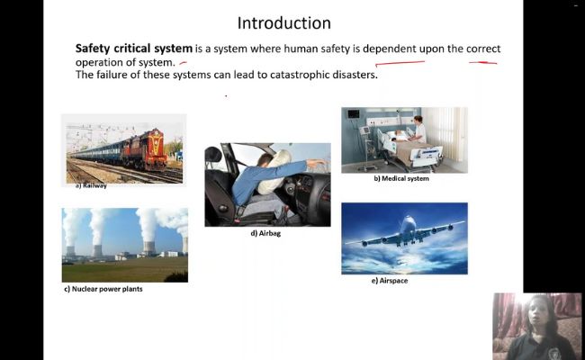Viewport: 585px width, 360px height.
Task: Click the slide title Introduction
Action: [x=283, y=22]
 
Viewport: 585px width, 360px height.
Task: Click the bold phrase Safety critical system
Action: [x=134, y=49]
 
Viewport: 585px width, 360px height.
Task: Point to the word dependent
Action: [x=389, y=49]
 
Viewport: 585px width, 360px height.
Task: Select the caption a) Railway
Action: [x=92, y=185]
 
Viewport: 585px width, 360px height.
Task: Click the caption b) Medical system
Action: [x=401, y=178]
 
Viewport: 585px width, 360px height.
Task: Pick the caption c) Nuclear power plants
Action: [x=103, y=289]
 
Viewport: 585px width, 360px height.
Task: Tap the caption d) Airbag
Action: [x=265, y=233]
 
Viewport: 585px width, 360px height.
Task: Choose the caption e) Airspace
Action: [x=390, y=281]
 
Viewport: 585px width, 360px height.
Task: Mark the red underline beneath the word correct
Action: [x=482, y=63]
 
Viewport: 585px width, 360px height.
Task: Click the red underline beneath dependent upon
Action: [x=400, y=63]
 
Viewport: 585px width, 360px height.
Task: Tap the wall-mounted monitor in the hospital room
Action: [x=353, y=113]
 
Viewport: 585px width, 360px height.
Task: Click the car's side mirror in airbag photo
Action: [x=213, y=155]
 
